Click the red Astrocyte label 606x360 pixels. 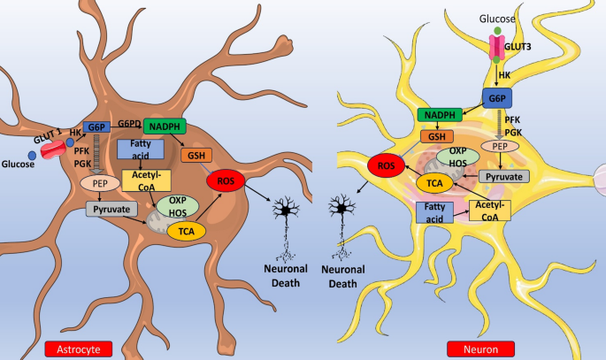click(79, 349)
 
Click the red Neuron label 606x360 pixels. click(480, 349)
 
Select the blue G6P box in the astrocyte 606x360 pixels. click(96, 127)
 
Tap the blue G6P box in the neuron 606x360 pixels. click(497, 98)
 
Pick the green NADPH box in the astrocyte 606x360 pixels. click(165, 126)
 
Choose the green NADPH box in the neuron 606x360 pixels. click(440, 115)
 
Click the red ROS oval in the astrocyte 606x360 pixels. click(226, 180)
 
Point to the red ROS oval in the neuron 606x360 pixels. click(386, 165)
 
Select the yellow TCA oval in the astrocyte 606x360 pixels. click(187, 232)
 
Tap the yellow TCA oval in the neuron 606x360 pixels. click(434, 183)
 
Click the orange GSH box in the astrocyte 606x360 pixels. click(196, 156)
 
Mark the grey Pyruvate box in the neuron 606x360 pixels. click(504, 177)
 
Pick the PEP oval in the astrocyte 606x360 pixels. click(100, 183)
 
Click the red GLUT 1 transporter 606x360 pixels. click(53, 149)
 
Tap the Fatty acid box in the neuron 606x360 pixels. click(434, 212)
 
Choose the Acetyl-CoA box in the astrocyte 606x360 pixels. click(147, 180)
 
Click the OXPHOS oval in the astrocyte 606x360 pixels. click(178, 206)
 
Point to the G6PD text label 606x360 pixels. click(129, 124)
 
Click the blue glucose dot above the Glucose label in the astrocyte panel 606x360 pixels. click(32, 156)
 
